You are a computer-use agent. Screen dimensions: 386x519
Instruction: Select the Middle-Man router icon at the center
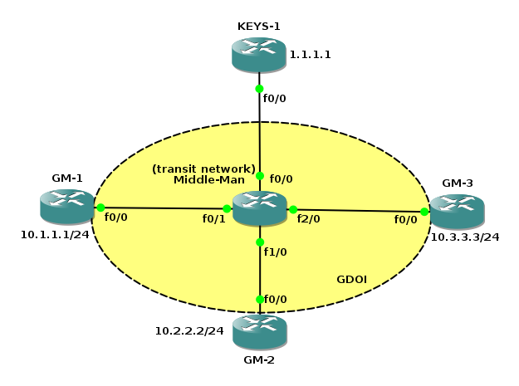[x=259, y=208]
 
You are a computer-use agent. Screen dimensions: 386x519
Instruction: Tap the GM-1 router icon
[x=66, y=207]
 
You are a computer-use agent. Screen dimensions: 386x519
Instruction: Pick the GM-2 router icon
[x=259, y=331]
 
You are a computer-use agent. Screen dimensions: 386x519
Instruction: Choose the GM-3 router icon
[x=456, y=212]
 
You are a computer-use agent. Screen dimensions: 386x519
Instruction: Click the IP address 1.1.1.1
[x=311, y=55]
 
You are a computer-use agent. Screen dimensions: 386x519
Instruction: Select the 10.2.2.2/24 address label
[x=190, y=330]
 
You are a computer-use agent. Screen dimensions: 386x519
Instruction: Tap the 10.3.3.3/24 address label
[x=465, y=237]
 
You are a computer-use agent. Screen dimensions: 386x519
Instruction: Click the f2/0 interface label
[x=308, y=219]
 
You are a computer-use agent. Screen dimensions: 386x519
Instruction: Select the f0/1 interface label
[x=214, y=219]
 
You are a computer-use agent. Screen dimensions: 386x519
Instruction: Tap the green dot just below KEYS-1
[x=259, y=89]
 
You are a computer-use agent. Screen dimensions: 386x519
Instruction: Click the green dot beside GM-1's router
[x=100, y=208]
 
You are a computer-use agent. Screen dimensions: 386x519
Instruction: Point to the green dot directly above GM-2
[x=259, y=299]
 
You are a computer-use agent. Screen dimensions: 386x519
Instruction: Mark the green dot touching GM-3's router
[x=424, y=212]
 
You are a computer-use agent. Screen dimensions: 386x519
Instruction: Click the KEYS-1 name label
[x=259, y=26]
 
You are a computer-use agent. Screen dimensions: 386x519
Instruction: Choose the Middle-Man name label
[x=203, y=179]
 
